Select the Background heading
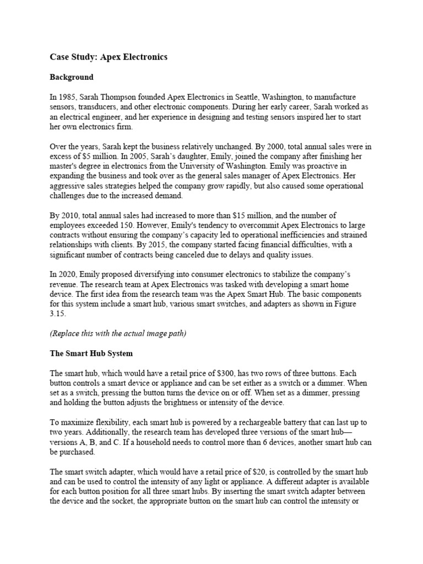[x=72, y=77]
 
